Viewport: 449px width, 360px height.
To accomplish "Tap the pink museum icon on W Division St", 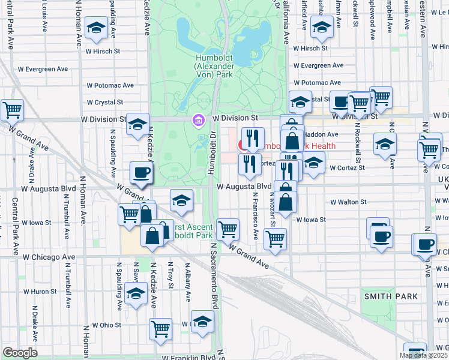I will coord(198,121).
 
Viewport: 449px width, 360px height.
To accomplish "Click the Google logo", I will coord(20,353).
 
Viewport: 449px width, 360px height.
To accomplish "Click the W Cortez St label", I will coord(346,168).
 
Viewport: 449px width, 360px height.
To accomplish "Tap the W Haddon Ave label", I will coord(324,134).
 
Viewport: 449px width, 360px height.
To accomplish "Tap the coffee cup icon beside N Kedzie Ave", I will coord(142,173).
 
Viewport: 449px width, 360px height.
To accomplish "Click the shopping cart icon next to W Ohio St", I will coord(160,328).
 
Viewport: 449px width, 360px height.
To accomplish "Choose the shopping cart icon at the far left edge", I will coord(12,110).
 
